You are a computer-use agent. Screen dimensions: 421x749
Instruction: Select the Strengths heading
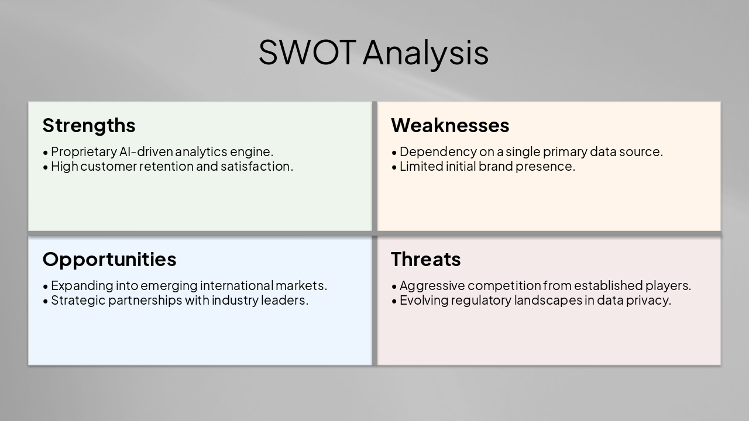pos(89,125)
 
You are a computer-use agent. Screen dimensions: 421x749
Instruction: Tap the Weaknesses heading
pos(450,125)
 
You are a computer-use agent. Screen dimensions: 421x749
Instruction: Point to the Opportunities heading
pos(109,259)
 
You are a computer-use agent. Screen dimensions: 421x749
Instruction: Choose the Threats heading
pos(425,259)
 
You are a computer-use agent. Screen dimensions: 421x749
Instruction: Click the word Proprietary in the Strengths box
pos(84,151)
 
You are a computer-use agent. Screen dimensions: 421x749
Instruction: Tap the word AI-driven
pos(146,151)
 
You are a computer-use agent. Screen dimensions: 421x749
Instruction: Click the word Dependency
pos(438,151)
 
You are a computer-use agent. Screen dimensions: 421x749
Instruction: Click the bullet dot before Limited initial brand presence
pos(394,167)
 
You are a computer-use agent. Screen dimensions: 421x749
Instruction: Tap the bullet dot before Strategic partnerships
pos(46,301)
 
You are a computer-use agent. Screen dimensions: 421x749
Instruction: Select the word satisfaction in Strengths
pos(256,166)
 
